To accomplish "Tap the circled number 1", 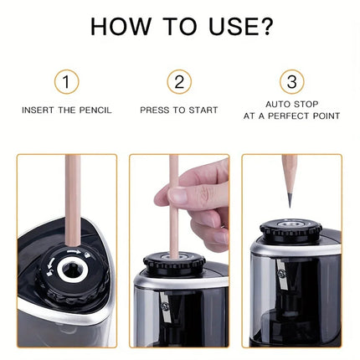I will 66,81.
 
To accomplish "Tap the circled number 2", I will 178,81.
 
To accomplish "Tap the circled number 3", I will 291,81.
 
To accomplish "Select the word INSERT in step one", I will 38,110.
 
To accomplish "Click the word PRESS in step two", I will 154,110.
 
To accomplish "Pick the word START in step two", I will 203,110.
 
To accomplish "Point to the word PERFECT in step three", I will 291,116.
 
